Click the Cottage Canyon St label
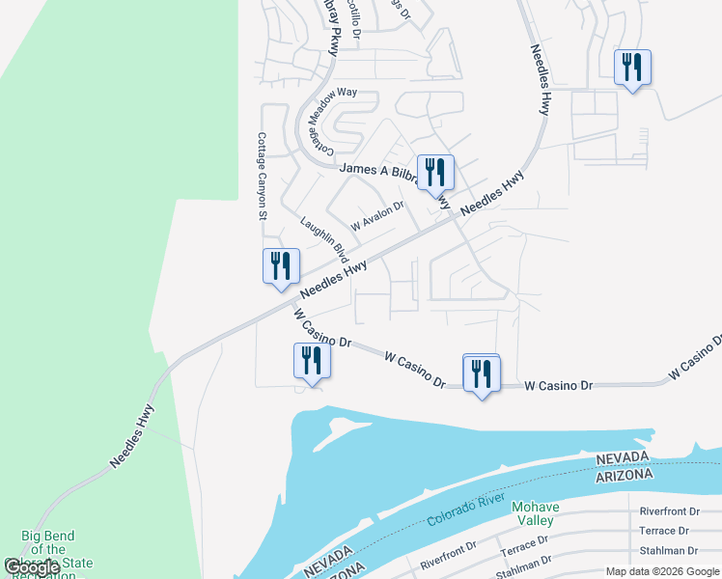(261, 177)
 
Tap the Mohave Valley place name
(535, 513)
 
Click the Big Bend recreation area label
(57, 549)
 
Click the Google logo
(32, 567)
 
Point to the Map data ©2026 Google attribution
(661, 571)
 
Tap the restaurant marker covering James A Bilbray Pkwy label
(434, 172)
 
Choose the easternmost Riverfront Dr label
(677, 511)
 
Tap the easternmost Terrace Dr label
(663, 531)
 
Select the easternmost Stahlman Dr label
(668, 551)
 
